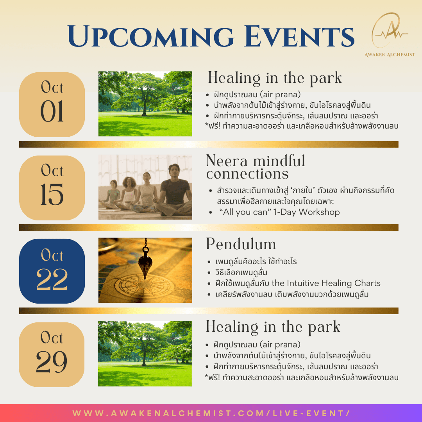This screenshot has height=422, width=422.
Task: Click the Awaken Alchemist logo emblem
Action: point(390,30)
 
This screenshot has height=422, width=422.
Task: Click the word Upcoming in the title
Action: point(151,37)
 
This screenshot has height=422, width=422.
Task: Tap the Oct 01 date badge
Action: point(52,104)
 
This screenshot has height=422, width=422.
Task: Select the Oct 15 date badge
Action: point(52,188)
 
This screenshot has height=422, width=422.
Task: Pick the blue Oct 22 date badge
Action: point(52,271)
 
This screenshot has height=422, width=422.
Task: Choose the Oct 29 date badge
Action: point(52,355)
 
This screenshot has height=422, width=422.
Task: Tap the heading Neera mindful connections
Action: point(256,167)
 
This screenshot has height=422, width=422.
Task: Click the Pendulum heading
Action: point(241,244)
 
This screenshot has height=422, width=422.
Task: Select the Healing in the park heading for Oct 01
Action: point(275,78)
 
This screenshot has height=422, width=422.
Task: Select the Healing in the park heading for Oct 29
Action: point(273,327)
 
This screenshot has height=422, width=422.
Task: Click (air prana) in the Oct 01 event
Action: point(280,95)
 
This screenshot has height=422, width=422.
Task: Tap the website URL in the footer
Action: point(211,413)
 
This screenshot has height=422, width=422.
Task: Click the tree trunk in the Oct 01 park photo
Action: point(145,109)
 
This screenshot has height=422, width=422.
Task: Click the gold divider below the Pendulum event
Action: point(209,311)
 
